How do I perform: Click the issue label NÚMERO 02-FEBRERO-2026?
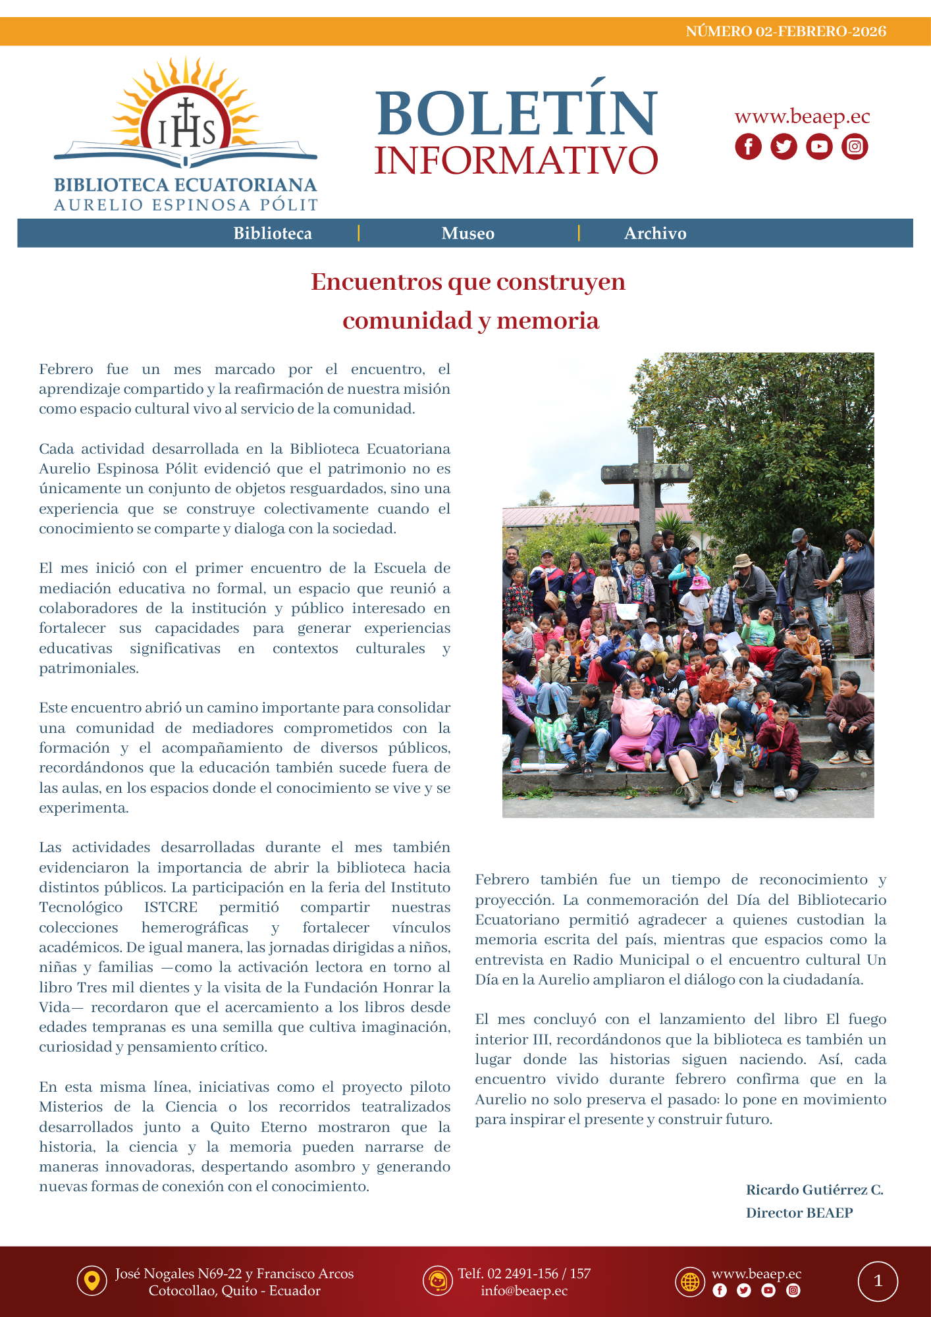(785, 32)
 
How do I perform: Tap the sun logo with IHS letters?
(186, 115)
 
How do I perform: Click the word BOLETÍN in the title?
(517, 113)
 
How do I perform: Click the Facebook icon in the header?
(748, 146)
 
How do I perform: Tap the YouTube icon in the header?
(819, 146)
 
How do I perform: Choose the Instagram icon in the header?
(855, 146)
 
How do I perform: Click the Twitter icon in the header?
(784, 146)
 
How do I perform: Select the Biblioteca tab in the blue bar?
(273, 234)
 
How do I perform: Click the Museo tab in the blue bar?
(467, 234)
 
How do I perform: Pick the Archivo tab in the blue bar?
(655, 234)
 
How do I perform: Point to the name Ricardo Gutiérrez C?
(814, 1190)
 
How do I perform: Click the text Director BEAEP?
(799, 1213)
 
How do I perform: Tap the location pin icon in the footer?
(92, 1281)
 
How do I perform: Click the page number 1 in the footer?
(878, 1281)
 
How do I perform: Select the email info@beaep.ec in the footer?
(524, 1291)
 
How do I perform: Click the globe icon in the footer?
(690, 1281)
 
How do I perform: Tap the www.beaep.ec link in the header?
(802, 117)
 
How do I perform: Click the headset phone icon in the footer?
(437, 1281)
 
